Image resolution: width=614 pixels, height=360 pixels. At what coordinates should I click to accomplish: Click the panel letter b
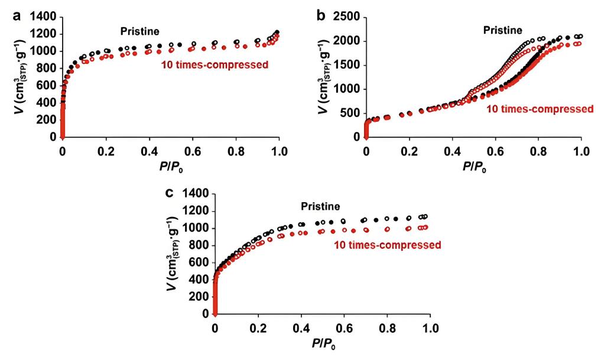[321, 16]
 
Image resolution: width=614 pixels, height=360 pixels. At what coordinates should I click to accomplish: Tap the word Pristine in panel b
[503, 30]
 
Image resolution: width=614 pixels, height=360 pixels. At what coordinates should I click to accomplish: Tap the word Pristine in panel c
[320, 206]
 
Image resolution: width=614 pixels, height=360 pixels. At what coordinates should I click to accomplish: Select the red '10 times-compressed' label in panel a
[215, 64]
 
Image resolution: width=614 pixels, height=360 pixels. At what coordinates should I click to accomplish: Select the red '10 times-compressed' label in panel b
[540, 109]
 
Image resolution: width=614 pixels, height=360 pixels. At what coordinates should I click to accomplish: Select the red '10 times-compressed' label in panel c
[388, 244]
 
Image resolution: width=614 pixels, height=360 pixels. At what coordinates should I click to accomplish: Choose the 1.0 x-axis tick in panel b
[581, 151]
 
